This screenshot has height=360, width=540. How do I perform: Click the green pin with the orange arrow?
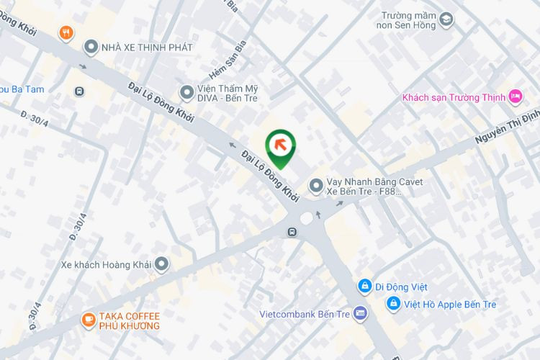tap(281, 146)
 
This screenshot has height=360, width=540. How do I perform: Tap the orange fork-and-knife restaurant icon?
tap(66, 32)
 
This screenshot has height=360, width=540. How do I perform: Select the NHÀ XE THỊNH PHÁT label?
tap(148, 48)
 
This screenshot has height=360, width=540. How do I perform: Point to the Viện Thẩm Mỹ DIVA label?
tap(228, 92)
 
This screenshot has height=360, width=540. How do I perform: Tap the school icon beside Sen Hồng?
tap(446, 19)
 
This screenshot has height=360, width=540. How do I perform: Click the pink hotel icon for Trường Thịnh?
tap(515, 96)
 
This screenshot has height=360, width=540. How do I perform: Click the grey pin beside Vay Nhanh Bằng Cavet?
tap(315, 186)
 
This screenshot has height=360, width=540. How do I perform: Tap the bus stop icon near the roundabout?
tap(291, 232)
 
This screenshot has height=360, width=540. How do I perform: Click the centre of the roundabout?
tap(307, 217)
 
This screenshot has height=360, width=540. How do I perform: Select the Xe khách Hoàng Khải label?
tap(106, 264)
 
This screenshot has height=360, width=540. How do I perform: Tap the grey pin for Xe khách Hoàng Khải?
tap(161, 264)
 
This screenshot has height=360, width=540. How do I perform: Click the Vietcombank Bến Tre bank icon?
tap(361, 314)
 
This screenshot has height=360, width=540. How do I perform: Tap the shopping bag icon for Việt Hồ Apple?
tap(393, 304)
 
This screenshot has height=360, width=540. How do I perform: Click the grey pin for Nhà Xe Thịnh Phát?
tap(91, 48)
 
